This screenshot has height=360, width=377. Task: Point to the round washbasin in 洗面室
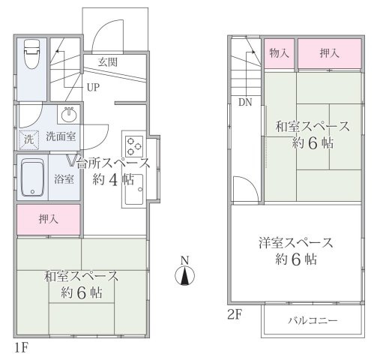[68, 115]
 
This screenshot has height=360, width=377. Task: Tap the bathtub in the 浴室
[33, 178]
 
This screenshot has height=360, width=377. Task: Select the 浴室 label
[64, 179]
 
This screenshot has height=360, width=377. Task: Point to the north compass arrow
[184, 277]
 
